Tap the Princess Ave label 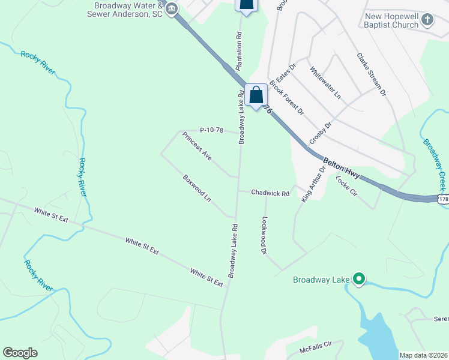(x=197, y=146)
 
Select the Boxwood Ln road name (x=197, y=188)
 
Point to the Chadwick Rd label (x=270, y=193)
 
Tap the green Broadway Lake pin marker (x=359, y=279)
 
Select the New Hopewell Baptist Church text (x=391, y=20)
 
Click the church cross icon (x=427, y=20)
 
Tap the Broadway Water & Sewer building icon (x=172, y=8)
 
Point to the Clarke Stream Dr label (x=372, y=75)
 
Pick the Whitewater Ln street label (x=325, y=83)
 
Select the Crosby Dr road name (x=321, y=133)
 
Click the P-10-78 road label (x=211, y=130)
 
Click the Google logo (x=20, y=353)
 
